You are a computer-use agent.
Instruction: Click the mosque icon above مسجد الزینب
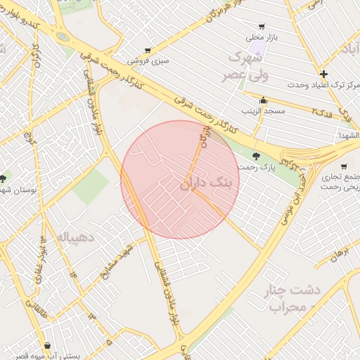[263, 101]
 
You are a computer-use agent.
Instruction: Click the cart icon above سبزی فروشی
[147, 51]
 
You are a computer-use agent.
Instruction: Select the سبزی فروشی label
[153, 61]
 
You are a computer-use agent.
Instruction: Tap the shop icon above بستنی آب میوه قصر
[47, 345]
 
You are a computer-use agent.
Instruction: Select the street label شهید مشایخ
[118, 263]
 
